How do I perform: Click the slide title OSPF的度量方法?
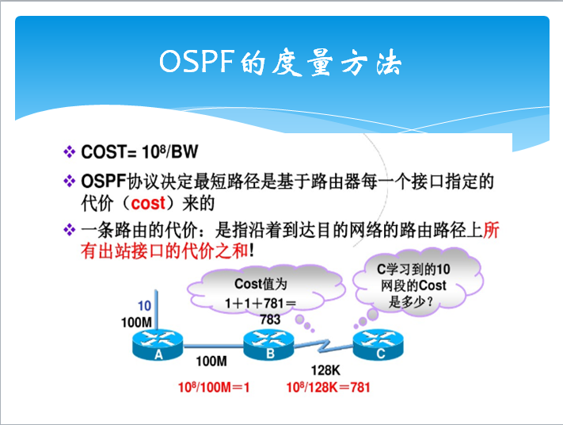[281, 62]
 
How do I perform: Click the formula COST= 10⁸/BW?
[140, 151]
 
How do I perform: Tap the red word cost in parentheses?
[148, 204]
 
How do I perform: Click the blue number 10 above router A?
[144, 306]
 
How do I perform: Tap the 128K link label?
[325, 369]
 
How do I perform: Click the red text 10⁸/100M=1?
[214, 388]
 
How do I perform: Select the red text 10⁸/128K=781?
[328, 388]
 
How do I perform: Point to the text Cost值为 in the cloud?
[261, 284]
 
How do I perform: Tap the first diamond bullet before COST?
[69, 151]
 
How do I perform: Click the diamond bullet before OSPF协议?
[69, 182]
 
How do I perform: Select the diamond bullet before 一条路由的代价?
[69, 231]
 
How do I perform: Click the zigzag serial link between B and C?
[325, 347]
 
